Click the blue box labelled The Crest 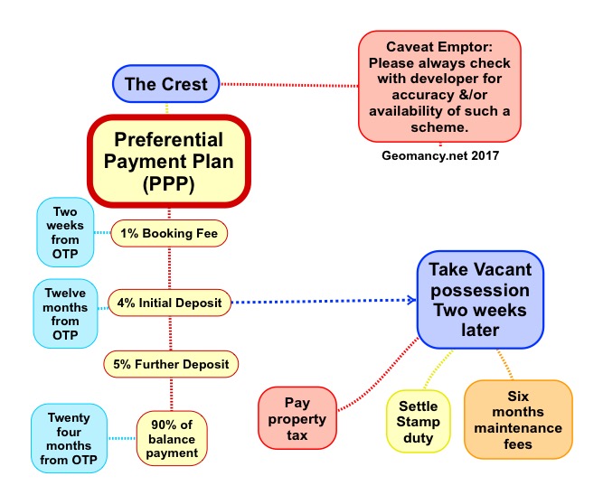point(165,84)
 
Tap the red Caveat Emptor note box point(439,86)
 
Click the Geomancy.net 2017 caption point(439,155)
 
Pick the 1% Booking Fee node point(169,233)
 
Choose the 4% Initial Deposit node point(169,302)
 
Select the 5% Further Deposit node point(171,365)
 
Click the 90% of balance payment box point(172,439)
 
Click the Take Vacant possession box point(480,299)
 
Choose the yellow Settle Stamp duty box point(418,421)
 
